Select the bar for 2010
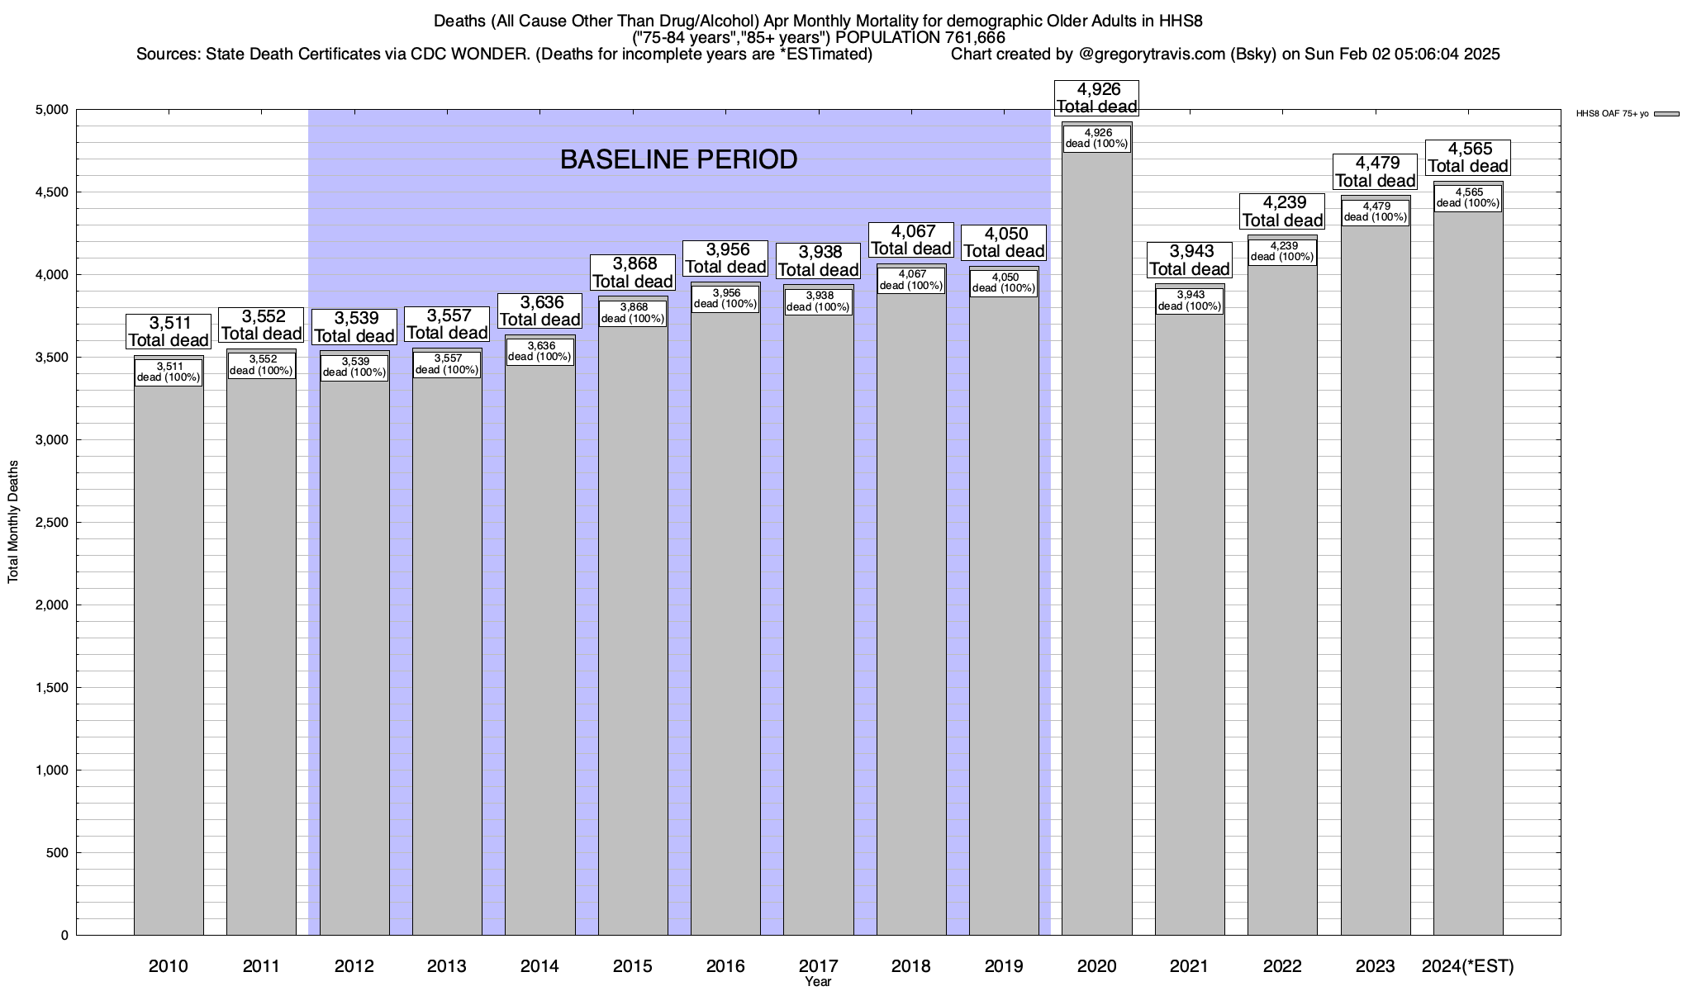coord(169,661)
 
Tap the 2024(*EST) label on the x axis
coord(1467,966)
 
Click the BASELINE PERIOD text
coord(678,159)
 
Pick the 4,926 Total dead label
coord(1097,97)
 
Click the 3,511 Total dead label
coord(169,331)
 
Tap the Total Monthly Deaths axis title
coord(13,522)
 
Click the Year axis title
coord(818,982)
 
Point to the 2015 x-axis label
coord(633,966)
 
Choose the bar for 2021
coord(1190,628)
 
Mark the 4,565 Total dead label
coord(1468,158)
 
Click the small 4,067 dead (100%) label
coord(911,280)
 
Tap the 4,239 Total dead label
coord(1283,211)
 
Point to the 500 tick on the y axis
coord(58,853)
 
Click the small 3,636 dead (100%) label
coord(539,352)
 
